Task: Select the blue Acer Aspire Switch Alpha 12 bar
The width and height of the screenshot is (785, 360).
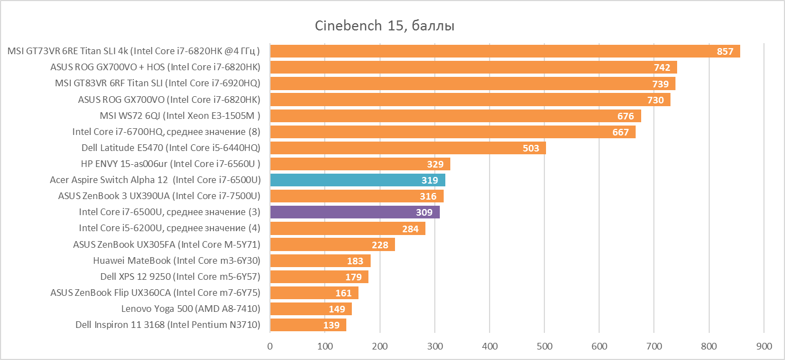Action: (x=357, y=180)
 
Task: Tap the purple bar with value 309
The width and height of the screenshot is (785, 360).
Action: (x=355, y=212)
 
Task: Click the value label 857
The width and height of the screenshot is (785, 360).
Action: (x=725, y=51)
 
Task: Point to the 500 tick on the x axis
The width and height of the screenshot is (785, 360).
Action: (x=544, y=346)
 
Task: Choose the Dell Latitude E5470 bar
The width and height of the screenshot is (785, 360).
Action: (x=408, y=148)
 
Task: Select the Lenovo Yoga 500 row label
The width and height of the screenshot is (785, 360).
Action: (x=191, y=309)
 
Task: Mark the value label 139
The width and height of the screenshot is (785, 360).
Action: (x=331, y=325)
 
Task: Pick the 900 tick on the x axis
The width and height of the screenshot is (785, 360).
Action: (x=763, y=346)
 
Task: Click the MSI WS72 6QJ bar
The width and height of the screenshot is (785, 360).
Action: (x=455, y=116)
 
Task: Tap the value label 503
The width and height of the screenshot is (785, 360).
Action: (x=531, y=148)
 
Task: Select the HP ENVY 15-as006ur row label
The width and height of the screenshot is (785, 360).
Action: (x=170, y=164)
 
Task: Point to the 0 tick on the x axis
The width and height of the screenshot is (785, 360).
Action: (x=270, y=346)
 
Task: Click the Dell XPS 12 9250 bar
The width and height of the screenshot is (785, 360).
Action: (x=319, y=276)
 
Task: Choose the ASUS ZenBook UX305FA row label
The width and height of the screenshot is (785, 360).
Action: (x=167, y=244)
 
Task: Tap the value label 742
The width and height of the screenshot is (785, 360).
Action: (x=662, y=67)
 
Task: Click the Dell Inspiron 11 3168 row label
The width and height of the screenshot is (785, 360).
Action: (x=168, y=325)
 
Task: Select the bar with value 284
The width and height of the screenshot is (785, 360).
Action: (x=347, y=228)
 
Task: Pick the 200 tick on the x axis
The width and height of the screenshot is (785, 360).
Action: (x=379, y=346)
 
